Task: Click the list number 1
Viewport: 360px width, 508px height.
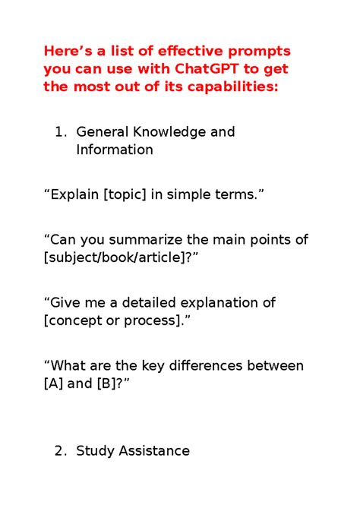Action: [60, 132]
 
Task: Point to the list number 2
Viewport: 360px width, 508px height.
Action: [60, 451]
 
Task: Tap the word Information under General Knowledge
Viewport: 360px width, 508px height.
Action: [114, 150]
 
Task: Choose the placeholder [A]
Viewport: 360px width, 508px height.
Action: [54, 383]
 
